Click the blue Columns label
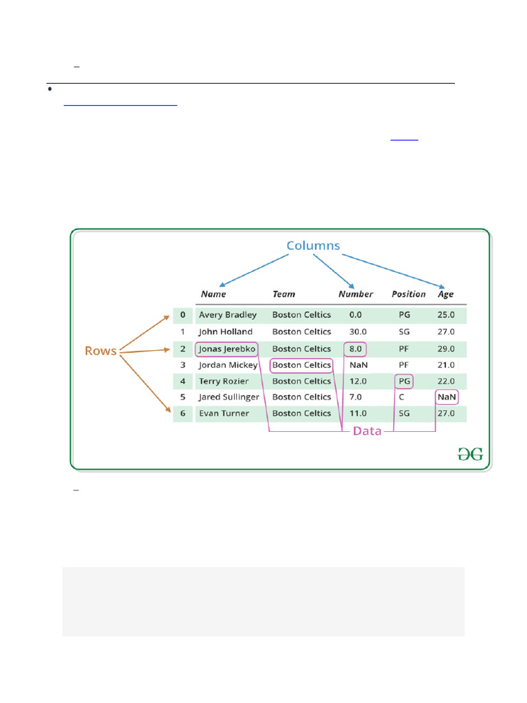tap(313, 246)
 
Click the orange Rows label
tap(100, 351)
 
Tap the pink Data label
tap(367, 432)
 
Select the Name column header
tap(213, 294)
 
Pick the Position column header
tap(408, 294)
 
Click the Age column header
tap(446, 294)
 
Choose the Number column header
tap(355, 294)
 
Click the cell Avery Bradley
tap(228, 315)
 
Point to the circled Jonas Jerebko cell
tap(227, 349)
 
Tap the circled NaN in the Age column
tap(447, 397)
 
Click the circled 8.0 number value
tap(355, 349)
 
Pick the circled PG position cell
tap(403, 381)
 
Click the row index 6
tap(183, 413)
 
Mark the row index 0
tap(183, 315)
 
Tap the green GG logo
tap(471, 454)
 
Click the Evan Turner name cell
tap(224, 413)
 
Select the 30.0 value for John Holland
tap(355, 332)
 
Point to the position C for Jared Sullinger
tap(401, 397)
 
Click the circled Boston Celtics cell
tap(301, 365)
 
